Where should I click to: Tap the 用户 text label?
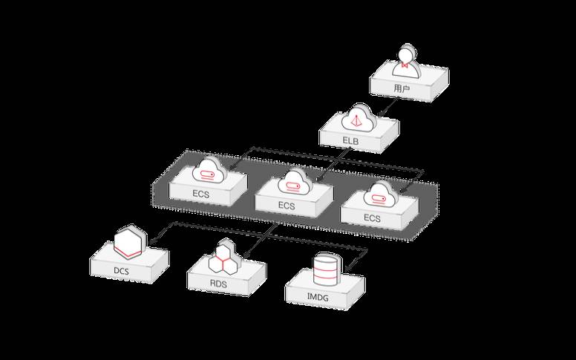(x=402, y=89)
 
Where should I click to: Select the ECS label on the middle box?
(x=287, y=205)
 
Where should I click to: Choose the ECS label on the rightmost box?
(x=372, y=218)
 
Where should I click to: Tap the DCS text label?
(x=122, y=271)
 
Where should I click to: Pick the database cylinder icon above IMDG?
(x=324, y=270)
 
